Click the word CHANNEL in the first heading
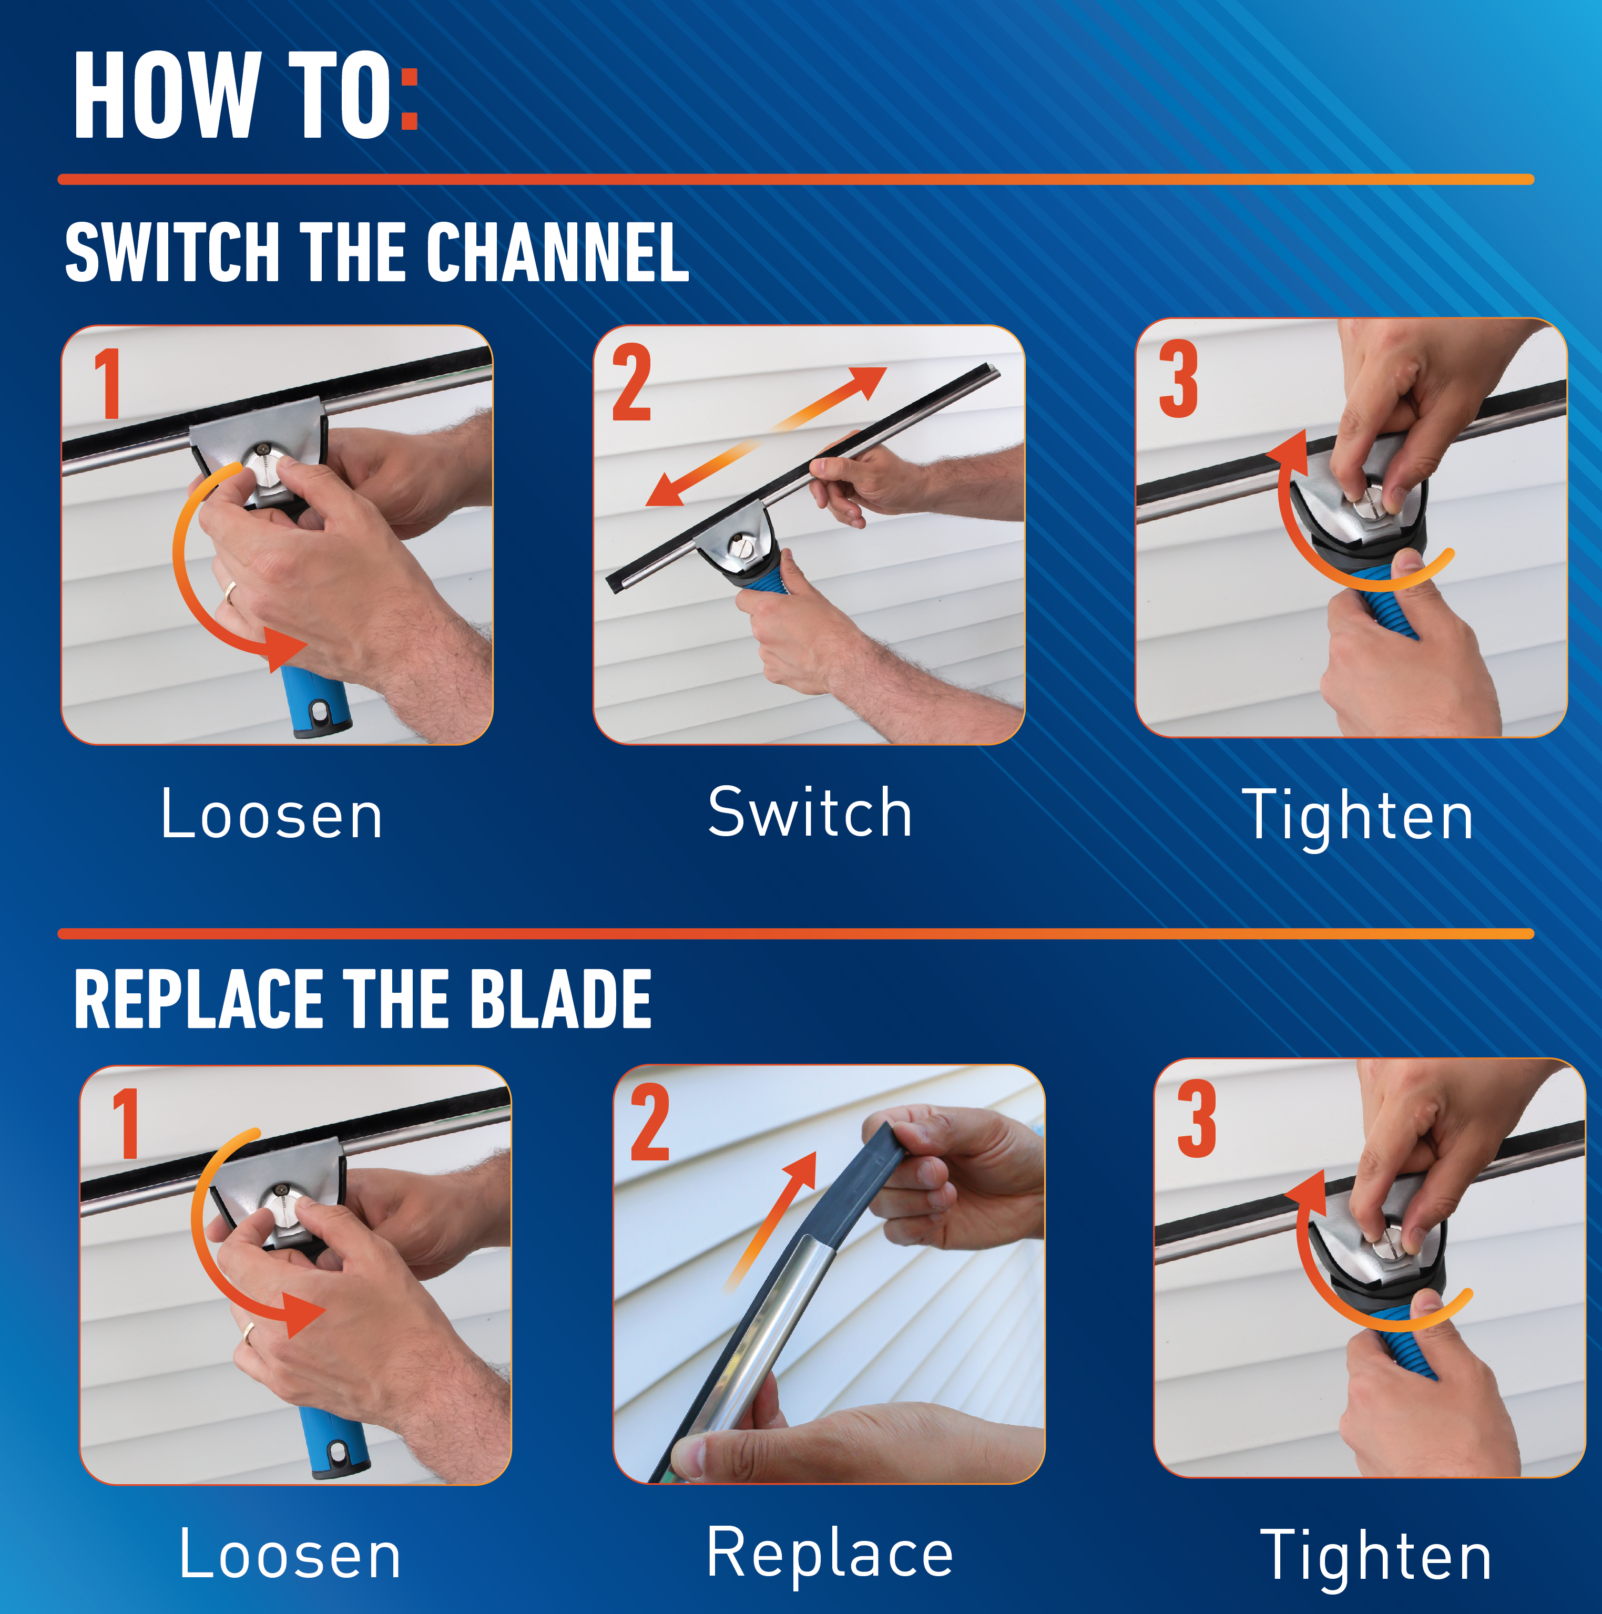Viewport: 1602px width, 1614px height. [x=557, y=252]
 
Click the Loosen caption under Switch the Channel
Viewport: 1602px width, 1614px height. [x=272, y=815]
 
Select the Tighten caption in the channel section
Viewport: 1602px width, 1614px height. [x=1358, y=816]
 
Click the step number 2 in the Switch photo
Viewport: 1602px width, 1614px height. [x=632, y=383]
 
